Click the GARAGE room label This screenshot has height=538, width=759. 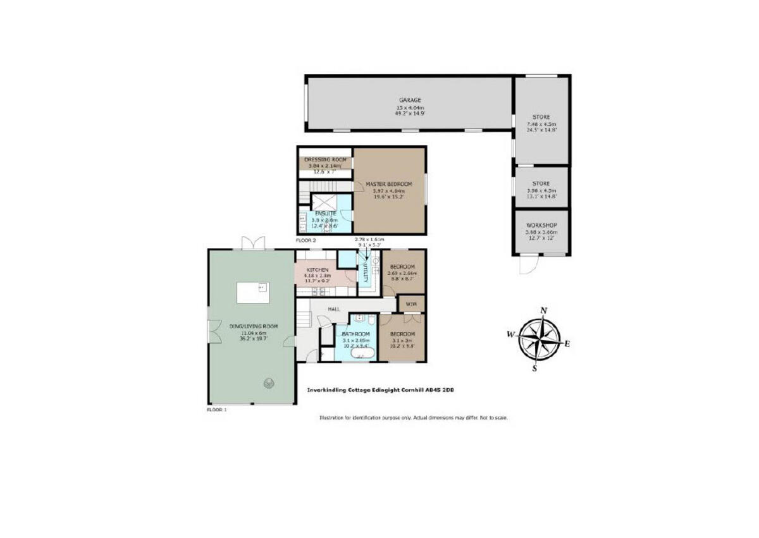(409, 100)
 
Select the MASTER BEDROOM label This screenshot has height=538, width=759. (389, 184)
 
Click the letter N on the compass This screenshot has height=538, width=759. (543, 310)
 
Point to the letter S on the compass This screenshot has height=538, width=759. (535, 369)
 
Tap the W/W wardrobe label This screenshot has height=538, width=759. (411, 305)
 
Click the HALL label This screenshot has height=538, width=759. (335, 309)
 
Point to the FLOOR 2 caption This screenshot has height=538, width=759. (306, 241)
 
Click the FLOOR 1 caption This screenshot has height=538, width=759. (216, 410)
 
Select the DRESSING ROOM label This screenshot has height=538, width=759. (326, 159)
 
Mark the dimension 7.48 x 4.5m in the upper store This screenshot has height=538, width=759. (541, 125)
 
